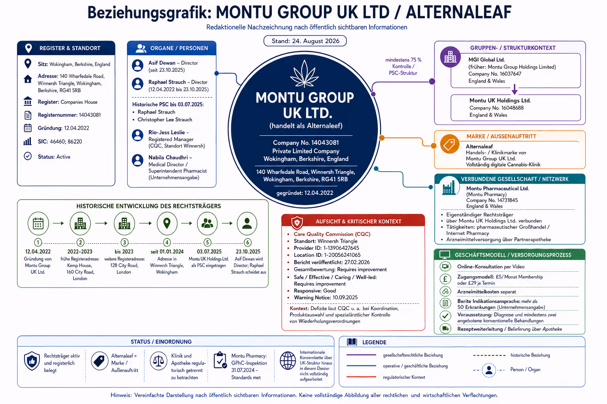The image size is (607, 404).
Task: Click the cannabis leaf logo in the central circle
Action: [305, 74]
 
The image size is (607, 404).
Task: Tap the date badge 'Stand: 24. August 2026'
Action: [305, 41]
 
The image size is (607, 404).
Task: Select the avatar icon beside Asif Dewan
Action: [138, 65]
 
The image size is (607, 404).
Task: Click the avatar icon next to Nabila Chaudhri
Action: [138, 160]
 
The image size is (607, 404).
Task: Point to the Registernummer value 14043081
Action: [90, 115]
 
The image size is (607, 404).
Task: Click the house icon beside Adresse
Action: [28, 79]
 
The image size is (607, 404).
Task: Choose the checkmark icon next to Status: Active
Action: [28, 156]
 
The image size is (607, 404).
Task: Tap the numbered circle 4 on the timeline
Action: [167, 242]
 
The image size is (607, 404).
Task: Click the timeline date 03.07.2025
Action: [209, 252]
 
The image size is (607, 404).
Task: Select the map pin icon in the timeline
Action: [167, 223]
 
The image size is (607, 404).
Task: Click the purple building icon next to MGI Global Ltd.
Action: [451, 57]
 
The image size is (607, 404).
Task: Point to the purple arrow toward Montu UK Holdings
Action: [515, 89]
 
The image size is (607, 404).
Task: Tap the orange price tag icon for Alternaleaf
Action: [450, 144]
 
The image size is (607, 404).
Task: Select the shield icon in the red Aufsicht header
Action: [297, 223]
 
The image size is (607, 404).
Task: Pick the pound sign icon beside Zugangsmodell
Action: [445, 279]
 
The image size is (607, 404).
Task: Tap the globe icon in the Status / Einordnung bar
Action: [288, 361]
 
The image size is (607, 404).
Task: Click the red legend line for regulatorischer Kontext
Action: [361, 377]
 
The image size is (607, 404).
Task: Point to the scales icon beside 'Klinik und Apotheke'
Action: [158, 361]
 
